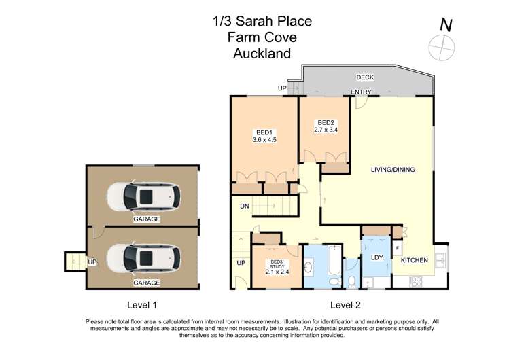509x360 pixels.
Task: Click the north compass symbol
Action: tap(442, 46)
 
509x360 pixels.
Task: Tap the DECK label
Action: tap(365, 77)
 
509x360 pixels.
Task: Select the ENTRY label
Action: tap(361, 92)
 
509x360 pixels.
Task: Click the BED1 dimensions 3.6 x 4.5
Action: tap(264, 140)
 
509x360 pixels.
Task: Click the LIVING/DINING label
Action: tap(393, 169)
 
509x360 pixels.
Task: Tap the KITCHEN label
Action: tap(415, 260)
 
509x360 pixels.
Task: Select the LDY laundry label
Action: tap(377, 257)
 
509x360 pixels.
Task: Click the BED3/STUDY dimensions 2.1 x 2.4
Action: tap(277, 272)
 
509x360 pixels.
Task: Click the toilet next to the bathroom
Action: tap(351, 279)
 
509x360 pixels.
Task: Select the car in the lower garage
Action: tap(143, 258)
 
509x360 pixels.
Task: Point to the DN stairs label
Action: tap(244, 206)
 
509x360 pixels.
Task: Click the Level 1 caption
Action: tap(142, 304)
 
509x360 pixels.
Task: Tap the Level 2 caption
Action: tap(345, 304)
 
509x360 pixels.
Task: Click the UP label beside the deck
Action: tap(282, 88)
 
